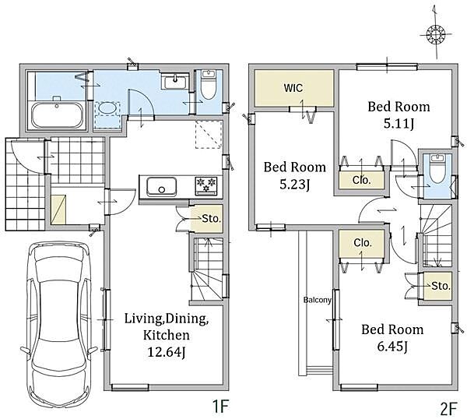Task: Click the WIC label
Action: click(x=293, y=88)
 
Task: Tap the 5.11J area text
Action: click(x=399, y=124)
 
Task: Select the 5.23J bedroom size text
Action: click(x=294, y=185)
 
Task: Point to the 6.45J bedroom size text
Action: click(x=392, y=347)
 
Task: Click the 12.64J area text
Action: click(x=167, y=352)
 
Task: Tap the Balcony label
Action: click(x=318, y=300)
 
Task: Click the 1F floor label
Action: click(x=220, y=407)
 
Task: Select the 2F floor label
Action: click(x=448, y=409)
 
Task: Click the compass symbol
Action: click(x=435, y=33)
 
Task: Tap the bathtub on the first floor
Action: click(x=57, y=115)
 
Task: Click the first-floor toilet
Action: click(x=208, y=84)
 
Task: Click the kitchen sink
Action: click(x=161, y=187)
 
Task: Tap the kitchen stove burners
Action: click(x=206, y=186)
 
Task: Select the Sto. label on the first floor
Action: click(x=211, y=219)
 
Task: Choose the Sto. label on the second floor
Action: click(x=441, y=286)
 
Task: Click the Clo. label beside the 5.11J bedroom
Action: click(x=362, y=180)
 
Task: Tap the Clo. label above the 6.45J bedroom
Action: click(x=363, y=243)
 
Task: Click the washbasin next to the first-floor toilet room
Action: click(x=175, y=81)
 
